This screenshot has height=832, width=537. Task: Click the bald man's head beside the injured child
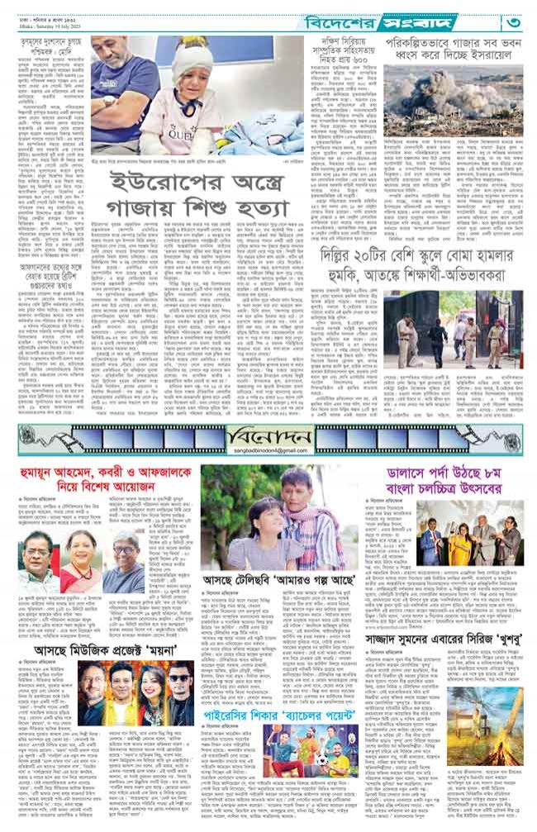pos(121,64)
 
